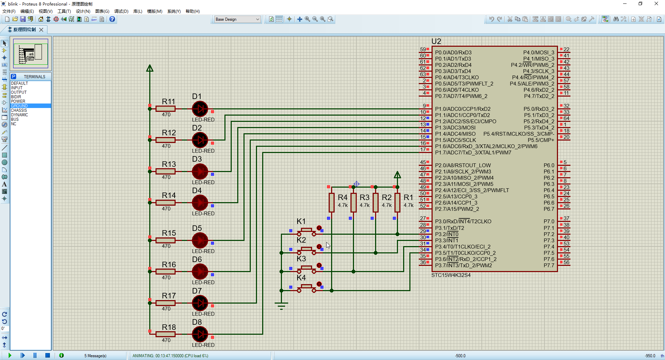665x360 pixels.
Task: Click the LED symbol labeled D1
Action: pos(200,109)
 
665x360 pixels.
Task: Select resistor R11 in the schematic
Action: pos(166,109)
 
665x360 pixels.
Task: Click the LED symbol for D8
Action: pos(200,334)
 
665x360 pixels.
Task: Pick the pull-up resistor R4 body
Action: pos(331,202)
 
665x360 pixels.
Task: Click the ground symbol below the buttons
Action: pos(281,305)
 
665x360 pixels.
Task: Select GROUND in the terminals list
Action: pos(19,106)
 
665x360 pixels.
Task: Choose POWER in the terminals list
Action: pos(18,101)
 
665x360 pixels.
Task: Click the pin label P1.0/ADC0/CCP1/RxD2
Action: pos(463,109)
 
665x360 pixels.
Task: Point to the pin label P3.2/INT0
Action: pos(447,234)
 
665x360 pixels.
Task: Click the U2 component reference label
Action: pos(436,42)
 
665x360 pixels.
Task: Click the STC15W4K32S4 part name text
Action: pos(451,275)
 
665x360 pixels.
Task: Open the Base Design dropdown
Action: pos(238,19)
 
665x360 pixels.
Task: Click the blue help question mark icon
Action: pos(112,19)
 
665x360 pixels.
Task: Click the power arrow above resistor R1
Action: pos(397,175)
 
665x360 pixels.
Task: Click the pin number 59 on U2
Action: pos(423,49)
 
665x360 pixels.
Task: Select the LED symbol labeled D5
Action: pos(200,240)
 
